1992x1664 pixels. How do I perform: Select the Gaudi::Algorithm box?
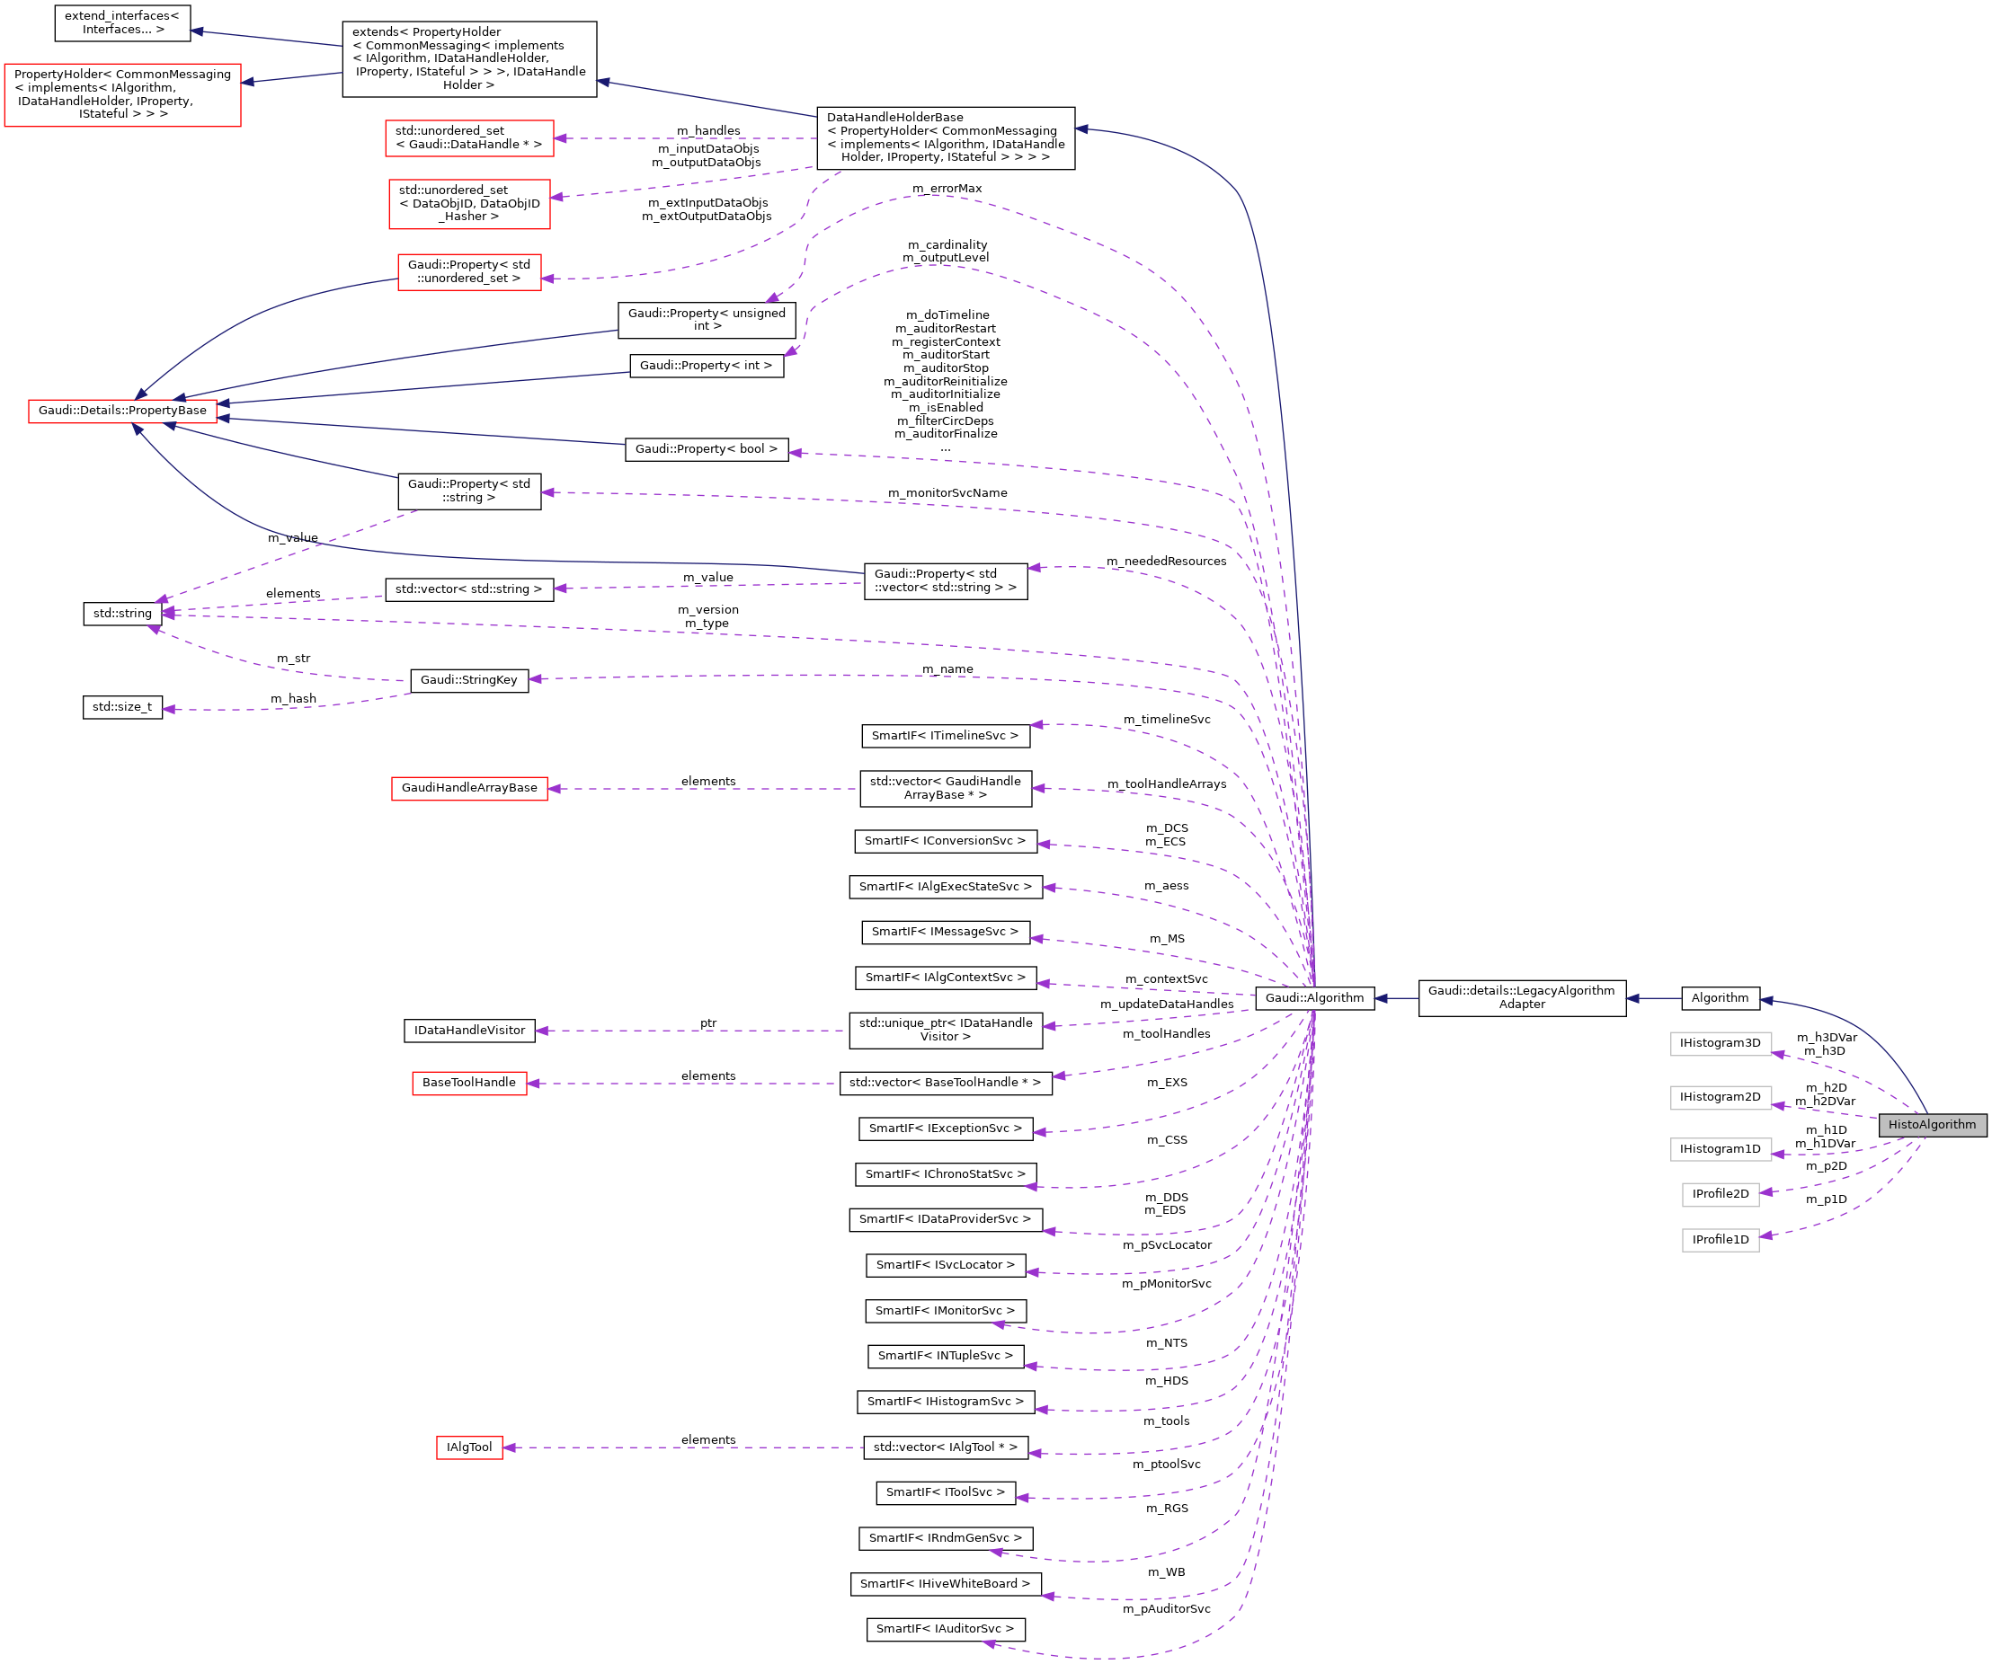[1314, 997]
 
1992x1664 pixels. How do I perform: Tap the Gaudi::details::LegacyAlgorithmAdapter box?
[1522, 997]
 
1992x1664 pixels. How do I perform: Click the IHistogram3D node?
[1720, 1043]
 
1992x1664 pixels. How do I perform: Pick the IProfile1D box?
[1720, 1239]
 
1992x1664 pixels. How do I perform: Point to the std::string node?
[122, 614]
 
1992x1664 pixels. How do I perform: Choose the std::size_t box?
[122, 707]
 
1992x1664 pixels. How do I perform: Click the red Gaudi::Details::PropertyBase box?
[122, 411]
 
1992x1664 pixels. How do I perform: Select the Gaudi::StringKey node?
[468, 680]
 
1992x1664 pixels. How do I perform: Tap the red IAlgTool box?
[468, 1447]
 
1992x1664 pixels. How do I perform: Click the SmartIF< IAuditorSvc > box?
[945, 1629]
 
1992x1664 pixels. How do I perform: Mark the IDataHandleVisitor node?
[468, 1030]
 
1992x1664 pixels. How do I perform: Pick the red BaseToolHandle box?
[468, 1083]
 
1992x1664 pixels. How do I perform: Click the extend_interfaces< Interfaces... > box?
[122, 22]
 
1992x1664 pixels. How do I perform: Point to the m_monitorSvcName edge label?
[947, 493]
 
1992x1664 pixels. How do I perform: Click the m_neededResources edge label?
[1166, 562]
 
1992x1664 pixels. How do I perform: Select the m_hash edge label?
[293, 699]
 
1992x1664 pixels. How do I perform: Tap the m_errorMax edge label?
[947, 189]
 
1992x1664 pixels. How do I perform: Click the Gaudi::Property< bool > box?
[706, 449]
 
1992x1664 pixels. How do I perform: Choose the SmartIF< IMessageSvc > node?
[945, 932]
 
